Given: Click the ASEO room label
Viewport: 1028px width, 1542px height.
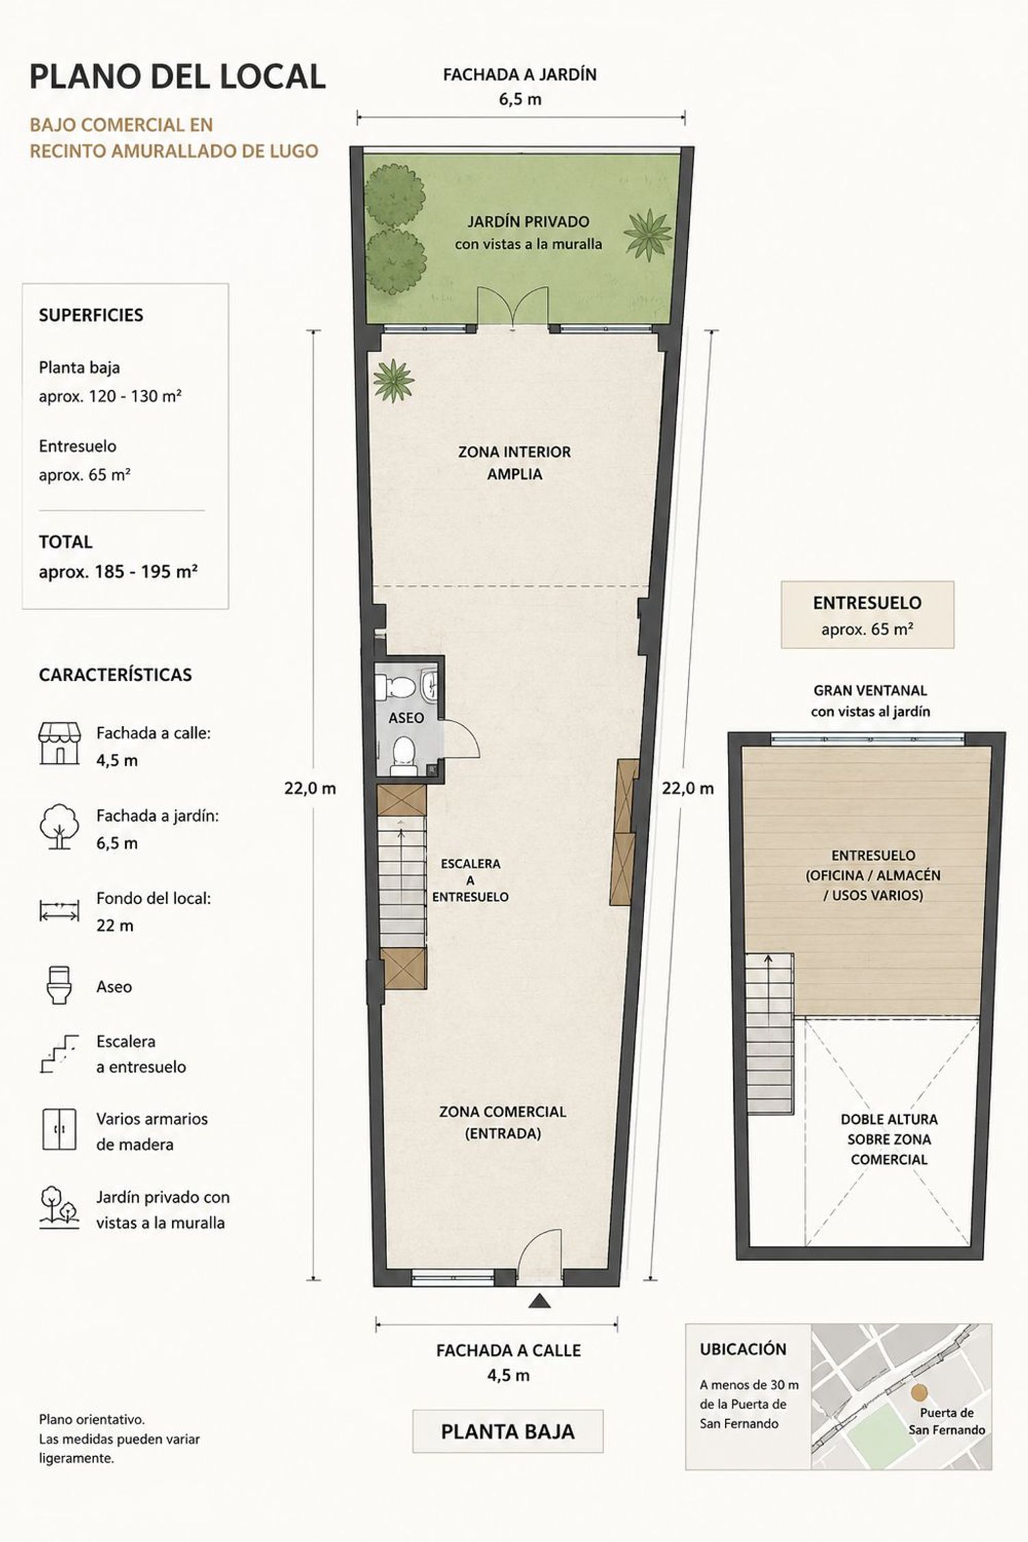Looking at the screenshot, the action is tap(406, 718).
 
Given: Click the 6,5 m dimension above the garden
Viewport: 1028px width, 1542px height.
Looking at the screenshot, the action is tap(520, 99).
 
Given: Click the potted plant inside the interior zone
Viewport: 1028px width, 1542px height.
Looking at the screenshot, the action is tap(393, 381).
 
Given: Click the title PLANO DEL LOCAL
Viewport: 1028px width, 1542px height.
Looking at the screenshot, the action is tap(178, 77).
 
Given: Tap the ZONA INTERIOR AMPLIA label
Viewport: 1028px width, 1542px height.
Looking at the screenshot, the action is tap(515, 463).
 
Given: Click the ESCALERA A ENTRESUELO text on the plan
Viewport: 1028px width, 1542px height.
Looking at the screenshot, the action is tap(471, 880).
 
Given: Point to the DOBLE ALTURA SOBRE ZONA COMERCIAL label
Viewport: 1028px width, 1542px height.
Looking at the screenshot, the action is tap(888, 1139).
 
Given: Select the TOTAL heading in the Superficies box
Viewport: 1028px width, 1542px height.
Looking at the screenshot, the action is tap(66, 542).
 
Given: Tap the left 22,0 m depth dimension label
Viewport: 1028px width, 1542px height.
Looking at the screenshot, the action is tap(310, 788).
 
